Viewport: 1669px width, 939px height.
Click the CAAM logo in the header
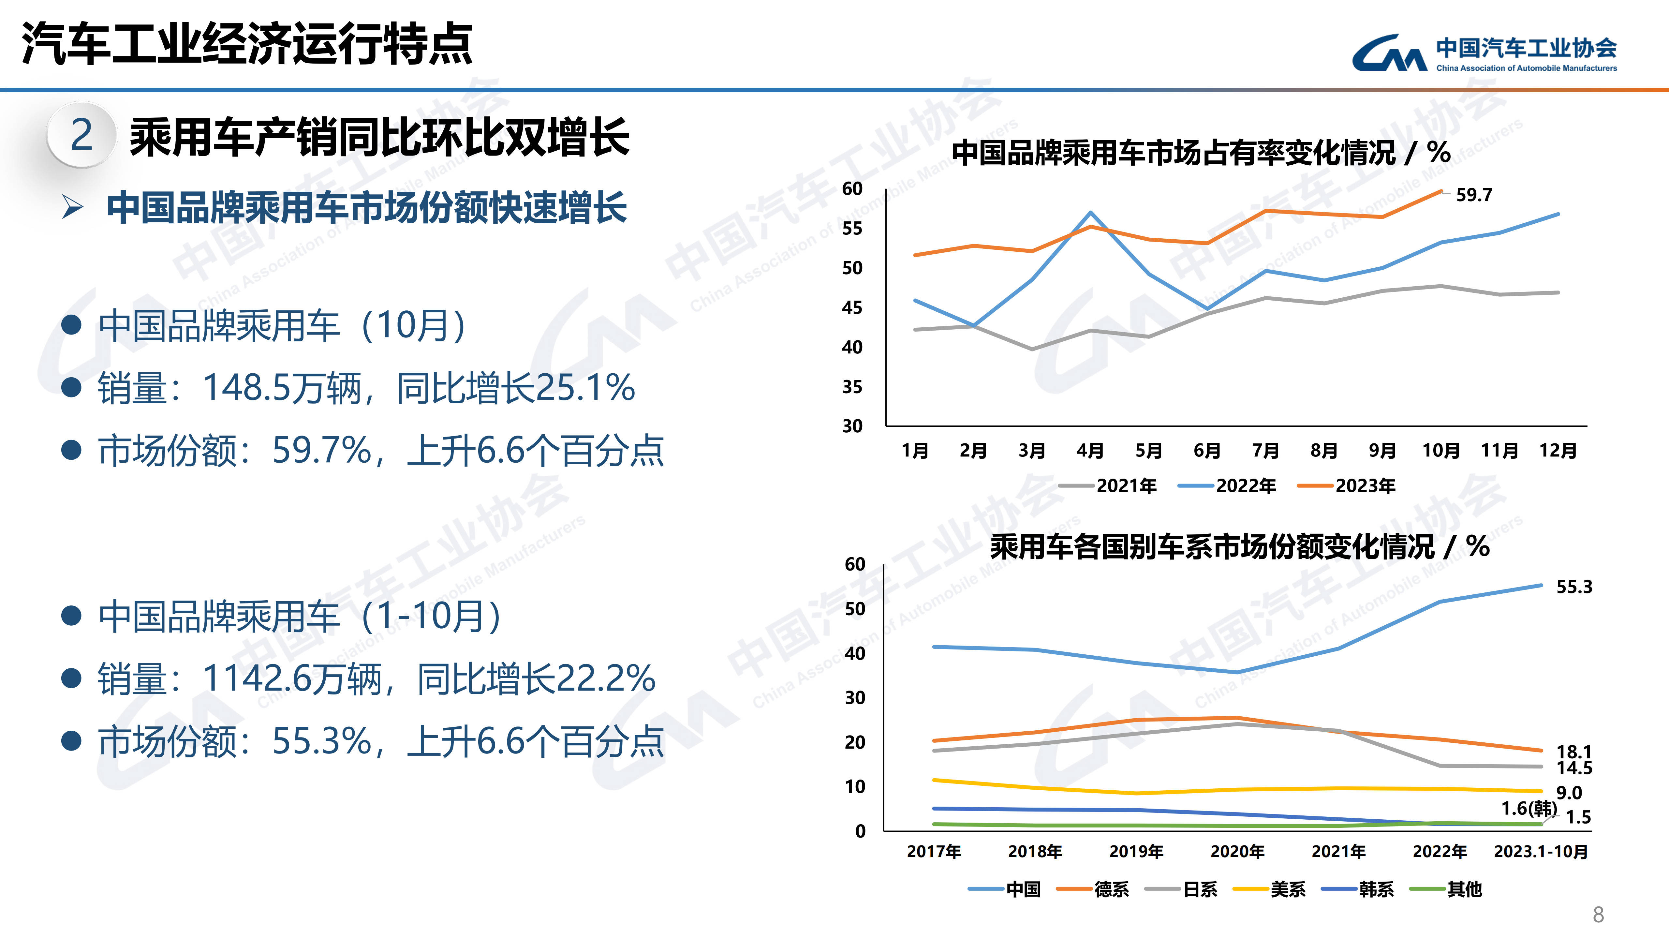click(1484, 53)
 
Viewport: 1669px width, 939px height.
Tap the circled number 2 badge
click(81, 135)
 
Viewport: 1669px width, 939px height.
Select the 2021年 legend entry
click(1108, 486)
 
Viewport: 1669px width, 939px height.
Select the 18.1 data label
click(1574, 751)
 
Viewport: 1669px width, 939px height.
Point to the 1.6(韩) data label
click(1529, 808)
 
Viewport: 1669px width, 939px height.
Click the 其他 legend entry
click(1446, 889)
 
